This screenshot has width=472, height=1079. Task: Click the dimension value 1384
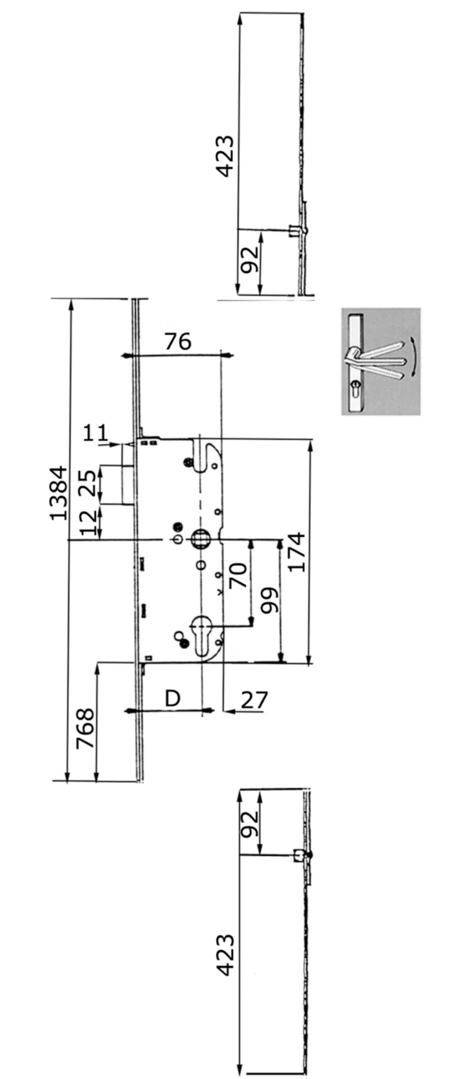coord(58,493)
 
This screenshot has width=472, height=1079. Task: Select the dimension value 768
coord(85,728)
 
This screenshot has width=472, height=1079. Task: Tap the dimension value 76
coord(178,341)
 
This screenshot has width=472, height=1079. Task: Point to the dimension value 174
coord(296,552)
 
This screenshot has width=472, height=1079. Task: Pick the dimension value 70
coord(239,575)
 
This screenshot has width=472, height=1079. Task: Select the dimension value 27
coord(255,700)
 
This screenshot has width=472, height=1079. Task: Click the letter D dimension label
coord(173,698)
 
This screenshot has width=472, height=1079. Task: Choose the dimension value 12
coord(87,523)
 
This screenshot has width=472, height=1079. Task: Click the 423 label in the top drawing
coord(226,156)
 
